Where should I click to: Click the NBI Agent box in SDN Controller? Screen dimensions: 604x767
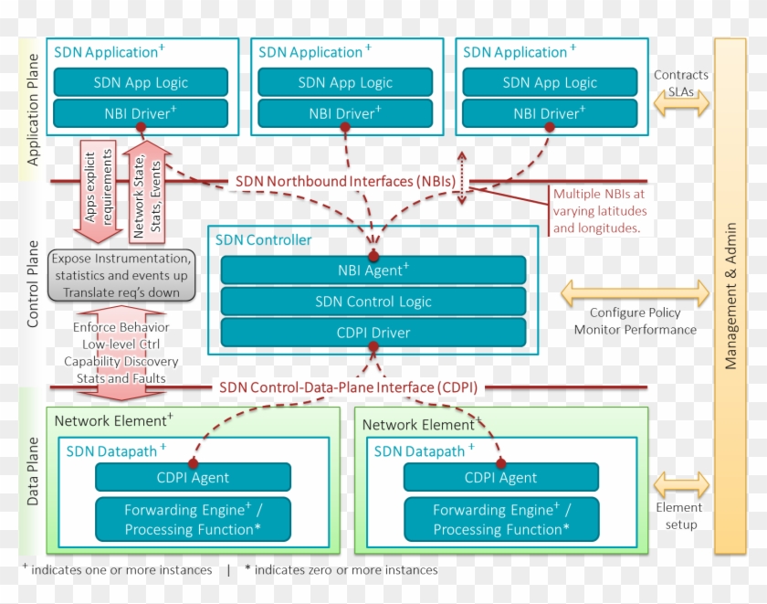(x=373, y=270)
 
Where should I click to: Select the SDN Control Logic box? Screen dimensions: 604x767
(x=373, y=301)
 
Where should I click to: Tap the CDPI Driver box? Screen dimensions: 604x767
(x=373, y=332)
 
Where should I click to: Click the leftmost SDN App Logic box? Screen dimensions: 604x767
(x=141, y=82)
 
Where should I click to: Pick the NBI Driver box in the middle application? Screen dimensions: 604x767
(x=344, y=113)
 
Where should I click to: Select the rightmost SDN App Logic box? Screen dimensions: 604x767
(x=549, y=82)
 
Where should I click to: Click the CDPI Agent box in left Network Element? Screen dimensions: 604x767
(x=193, y=477)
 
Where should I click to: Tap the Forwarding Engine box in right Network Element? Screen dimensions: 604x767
(x=500, y=520)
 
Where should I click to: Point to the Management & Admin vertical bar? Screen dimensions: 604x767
(x=730, y=295)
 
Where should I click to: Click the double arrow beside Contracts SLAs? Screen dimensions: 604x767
(x=680, y=104)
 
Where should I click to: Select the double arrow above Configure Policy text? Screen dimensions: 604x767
(x=635, y=292)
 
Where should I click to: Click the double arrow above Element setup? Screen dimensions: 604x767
(x=680, y=484)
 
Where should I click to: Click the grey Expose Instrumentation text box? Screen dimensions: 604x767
(x=121, y=275)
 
